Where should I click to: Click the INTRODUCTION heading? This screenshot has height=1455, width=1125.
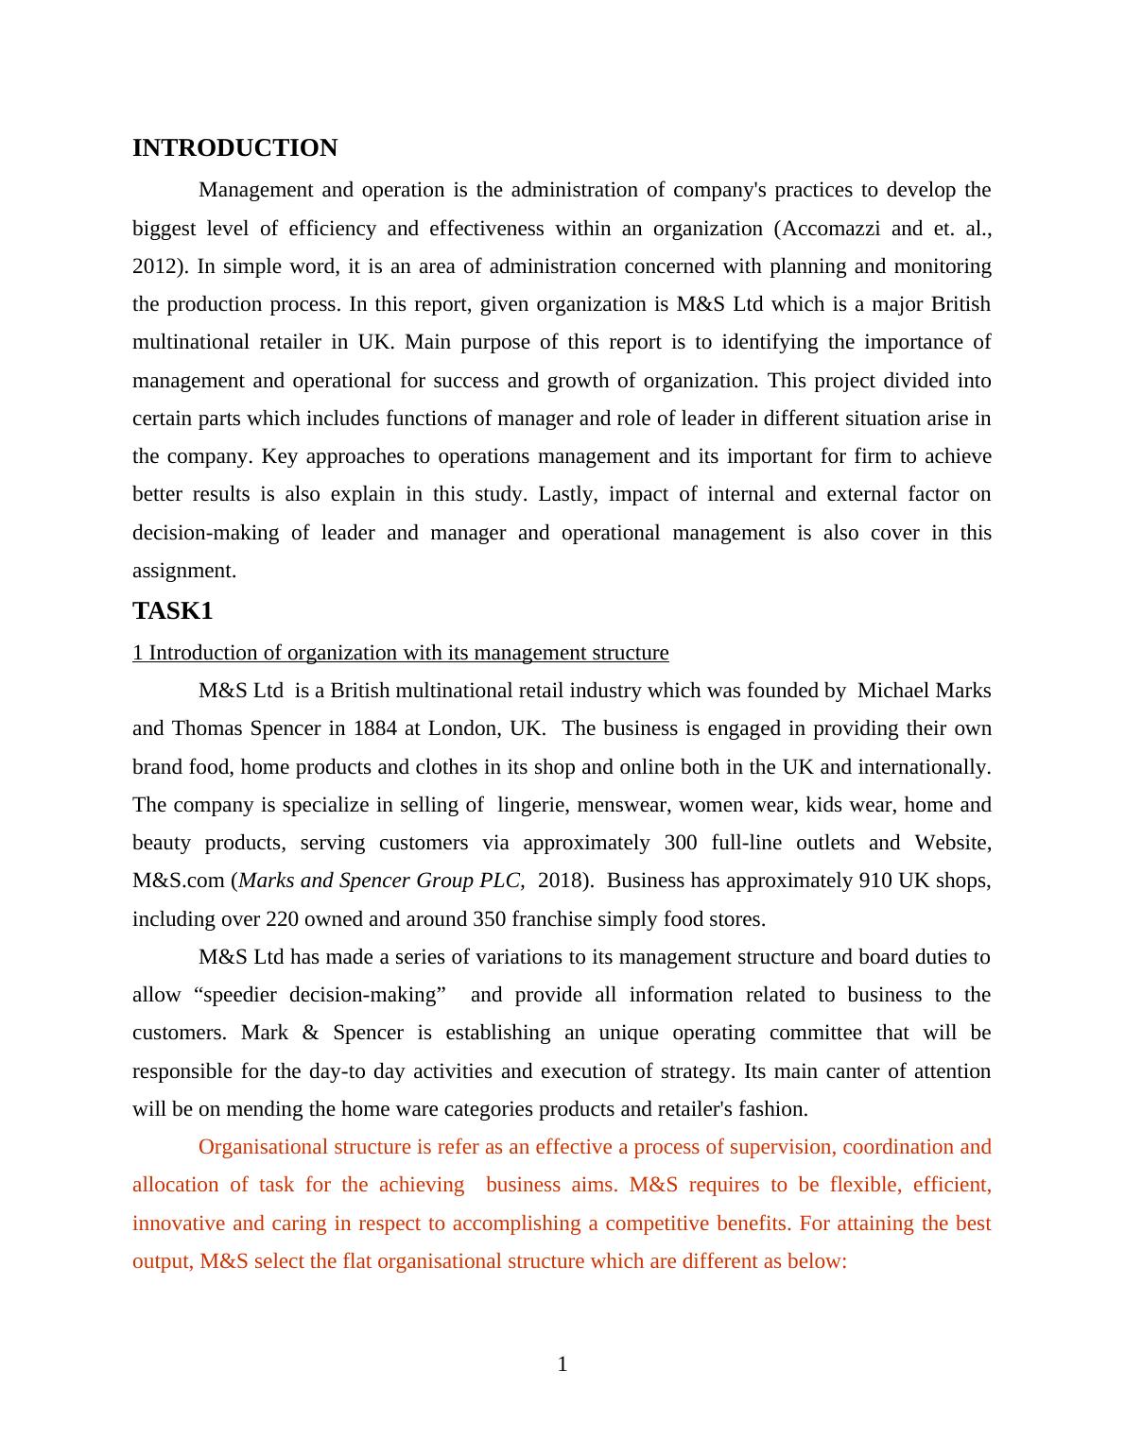coord(234,148)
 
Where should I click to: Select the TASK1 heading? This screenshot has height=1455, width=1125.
coord(173,611)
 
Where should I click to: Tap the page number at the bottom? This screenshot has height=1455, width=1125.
coord(562,1364)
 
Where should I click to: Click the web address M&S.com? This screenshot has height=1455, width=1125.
coord(179,881)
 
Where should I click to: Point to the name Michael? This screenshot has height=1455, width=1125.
coord(892,691)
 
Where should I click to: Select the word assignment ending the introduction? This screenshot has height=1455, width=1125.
coord(183,571)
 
